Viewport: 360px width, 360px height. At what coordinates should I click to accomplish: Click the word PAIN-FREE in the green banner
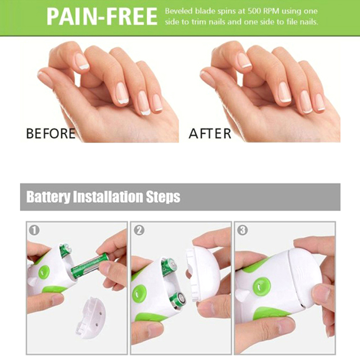pyautogui.click(x=102, y=16)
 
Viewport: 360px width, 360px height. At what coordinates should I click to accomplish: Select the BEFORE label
pyautogui.click(x=51, y=133)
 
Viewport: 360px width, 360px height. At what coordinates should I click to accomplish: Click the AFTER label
pyautogui.click(x=210, y=133)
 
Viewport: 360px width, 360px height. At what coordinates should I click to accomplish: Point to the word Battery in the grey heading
pyautogui.click(x=48, y=197)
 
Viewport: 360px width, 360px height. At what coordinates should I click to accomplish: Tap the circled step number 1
pyautogui.click(x=35, y=230)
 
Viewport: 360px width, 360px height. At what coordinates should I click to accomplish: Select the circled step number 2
pyautogui.click(x=139, y=230)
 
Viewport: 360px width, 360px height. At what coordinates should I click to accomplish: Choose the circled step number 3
pyautogui.click(x=243, y=230)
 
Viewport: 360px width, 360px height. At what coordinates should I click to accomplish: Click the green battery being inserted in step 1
pyautogui.click(x=90, y=265)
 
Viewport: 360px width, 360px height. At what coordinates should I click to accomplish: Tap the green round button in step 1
pyautogui.click(x=44, y=272)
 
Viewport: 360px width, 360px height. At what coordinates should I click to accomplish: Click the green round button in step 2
pyautogui.click(x=139, y=294)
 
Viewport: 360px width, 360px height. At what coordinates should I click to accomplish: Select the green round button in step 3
pyautogui.click(x=262, y=286)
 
